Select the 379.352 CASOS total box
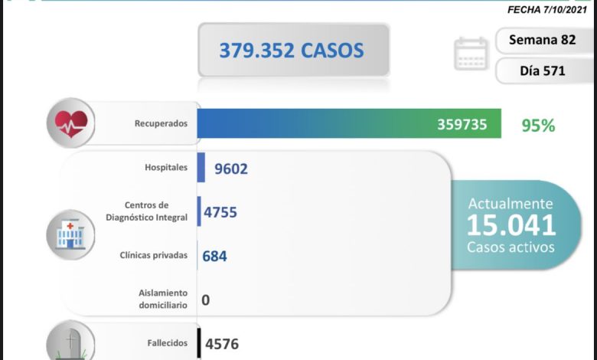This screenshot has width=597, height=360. tap(292, 51)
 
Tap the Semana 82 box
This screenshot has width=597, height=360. tap(543, 40)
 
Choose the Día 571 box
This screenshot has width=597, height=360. tap(543, 71)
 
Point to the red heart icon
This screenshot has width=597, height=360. tap(70, 123)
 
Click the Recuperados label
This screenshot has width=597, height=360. tap(159, 123)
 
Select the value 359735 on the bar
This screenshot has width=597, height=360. tap(462, 124)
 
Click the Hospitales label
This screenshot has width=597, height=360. tap(165, 168)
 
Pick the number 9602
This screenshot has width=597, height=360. tap(231, 169)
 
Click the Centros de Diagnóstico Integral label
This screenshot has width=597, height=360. tap(147, 211)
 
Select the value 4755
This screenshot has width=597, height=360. tap(220, 211)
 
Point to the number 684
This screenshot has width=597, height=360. tap(214, 256)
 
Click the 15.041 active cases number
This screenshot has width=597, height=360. tap(511, 225)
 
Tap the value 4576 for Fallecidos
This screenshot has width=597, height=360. tap(221, 344)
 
